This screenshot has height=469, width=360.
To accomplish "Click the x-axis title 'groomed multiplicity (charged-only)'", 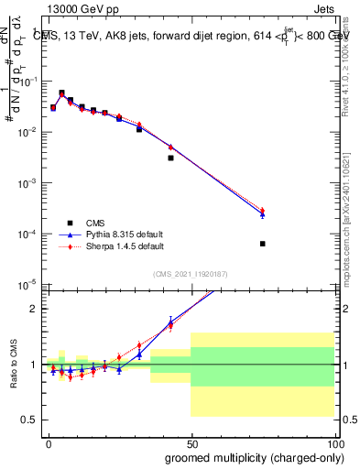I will (241, 455).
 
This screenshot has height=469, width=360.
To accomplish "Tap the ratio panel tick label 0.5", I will (29, 420).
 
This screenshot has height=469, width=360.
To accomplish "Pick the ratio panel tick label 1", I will (33, 365).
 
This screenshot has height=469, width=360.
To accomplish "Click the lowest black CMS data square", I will (263, 244).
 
